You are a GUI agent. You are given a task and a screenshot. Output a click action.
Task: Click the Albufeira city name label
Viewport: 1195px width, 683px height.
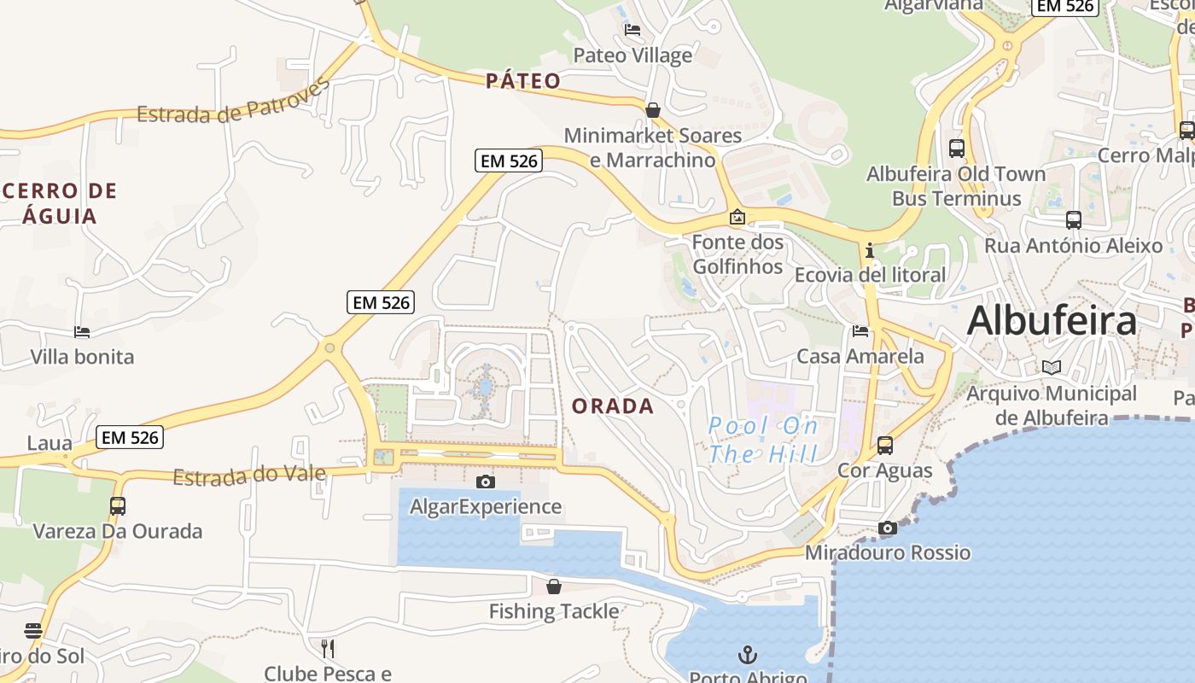[x=1052, y=322]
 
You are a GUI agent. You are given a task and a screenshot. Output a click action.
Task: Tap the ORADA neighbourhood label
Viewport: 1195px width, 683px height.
[x=613, y=406]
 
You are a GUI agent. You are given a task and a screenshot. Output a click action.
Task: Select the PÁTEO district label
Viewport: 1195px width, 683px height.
[x=523, y=81]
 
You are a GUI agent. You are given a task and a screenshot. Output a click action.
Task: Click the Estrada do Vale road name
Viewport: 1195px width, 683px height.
[x=249, y=476]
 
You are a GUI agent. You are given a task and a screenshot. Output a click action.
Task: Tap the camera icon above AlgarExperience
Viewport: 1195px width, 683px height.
[x=486, y=482]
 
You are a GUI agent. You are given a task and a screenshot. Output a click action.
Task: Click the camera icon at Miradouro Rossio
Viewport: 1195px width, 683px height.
[x=888, y=528]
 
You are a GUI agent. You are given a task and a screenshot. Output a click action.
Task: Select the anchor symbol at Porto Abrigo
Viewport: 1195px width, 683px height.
[x=748, y=655]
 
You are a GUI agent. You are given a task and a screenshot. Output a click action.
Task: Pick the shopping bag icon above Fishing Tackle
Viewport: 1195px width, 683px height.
[x=554, y=587]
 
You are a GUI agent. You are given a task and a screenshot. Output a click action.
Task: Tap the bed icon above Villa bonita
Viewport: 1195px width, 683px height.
[x=82, y=331]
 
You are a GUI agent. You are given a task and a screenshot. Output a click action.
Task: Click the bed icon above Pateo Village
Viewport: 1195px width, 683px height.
[x=632, y=30]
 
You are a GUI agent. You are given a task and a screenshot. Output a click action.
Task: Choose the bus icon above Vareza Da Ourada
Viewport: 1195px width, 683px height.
[x=118, y=505]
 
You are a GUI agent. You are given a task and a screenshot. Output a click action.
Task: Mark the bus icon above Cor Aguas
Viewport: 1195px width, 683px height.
[x=885, y=445]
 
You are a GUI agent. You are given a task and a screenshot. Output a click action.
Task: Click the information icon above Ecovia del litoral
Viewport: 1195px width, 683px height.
[x=870, y=250]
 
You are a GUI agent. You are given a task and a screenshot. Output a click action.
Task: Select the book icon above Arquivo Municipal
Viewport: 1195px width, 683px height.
[x=1052, y=368]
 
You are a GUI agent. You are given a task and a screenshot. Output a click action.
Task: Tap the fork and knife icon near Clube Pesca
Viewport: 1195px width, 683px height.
[x=328, y=649]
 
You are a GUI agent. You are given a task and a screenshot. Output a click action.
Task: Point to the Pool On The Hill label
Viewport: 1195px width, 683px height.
[x=763, y=440]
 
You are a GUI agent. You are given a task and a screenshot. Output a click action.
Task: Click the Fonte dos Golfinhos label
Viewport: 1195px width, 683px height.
[x=737, y=254]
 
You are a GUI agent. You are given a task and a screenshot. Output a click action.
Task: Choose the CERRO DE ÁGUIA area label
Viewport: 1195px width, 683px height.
[x=59, y=203]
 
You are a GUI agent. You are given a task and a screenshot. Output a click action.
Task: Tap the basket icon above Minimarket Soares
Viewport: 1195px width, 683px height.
[x=653, y=110]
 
